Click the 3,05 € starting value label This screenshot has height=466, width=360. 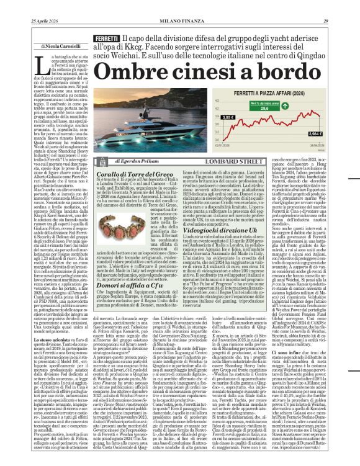tap(227, 117)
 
